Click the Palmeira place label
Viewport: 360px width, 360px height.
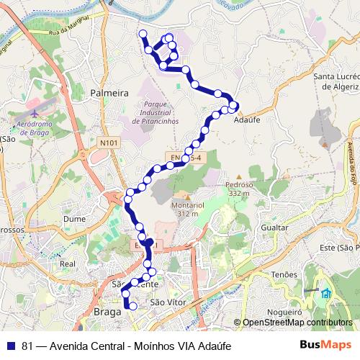tap(109, 93)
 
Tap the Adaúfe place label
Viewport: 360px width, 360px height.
tap(247, 120)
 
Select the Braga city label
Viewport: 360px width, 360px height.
tap(108, 312)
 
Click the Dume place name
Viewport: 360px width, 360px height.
tap(75, 217)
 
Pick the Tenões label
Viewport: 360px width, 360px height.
tap(284, 274)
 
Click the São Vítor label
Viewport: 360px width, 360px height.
tap(167, 302)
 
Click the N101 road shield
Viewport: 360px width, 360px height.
tap(108, 143)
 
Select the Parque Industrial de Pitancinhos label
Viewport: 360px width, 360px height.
tap(156, 113)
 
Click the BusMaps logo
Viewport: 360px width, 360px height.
tap(326, 346)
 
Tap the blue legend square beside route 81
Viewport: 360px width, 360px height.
tap(11, 346)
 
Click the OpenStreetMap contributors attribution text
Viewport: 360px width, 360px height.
tap(297, 323)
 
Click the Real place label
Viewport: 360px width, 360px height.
tap(68, 264)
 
